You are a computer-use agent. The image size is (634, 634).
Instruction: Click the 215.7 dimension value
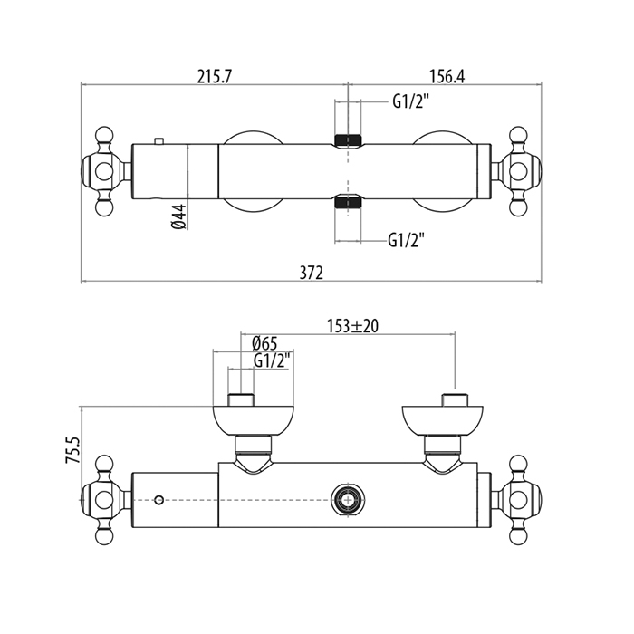(215, 76)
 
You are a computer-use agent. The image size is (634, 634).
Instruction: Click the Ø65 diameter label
(264, 342)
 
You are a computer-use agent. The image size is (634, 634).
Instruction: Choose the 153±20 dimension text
(352, 326)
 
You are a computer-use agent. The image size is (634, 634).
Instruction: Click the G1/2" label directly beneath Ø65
(271, 360)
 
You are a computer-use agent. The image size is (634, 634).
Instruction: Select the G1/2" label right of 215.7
(410, 101)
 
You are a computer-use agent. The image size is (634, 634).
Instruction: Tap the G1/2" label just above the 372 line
(407, 240)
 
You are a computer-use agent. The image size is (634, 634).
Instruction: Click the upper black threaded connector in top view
(348, 140)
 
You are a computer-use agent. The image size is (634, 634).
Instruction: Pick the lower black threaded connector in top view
(348, 201)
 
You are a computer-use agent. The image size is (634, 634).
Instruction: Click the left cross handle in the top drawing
(104, 171)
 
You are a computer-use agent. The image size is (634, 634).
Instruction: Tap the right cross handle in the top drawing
(521, 171)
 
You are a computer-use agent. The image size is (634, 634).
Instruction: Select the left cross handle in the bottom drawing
(104, 498)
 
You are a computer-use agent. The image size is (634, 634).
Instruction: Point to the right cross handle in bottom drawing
(521, 498)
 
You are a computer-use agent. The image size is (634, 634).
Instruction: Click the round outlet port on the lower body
(346, 497)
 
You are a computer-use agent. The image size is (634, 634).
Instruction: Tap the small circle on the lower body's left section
(159, 499)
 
